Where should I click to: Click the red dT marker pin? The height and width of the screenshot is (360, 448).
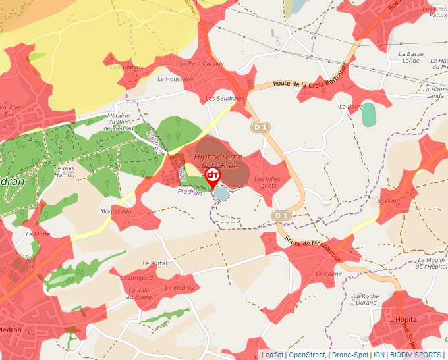[x=213, y=176]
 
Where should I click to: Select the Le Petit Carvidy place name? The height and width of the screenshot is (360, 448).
[x=202, y=63]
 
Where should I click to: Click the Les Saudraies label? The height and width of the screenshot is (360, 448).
[x=225, y=98]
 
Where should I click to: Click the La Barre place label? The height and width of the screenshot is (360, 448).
[x=351, y=106]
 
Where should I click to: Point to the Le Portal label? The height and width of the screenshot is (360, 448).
[x=155, y=263]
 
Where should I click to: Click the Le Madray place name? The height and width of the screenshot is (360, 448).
[x=179, y=288]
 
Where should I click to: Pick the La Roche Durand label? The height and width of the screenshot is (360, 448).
[x=366, y=299]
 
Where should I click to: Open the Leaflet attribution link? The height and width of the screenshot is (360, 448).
[x=273, y=355]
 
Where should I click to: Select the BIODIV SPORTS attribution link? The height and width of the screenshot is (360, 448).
[x=416, y=355]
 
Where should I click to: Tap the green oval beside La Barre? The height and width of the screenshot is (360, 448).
[x=368, y=115]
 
